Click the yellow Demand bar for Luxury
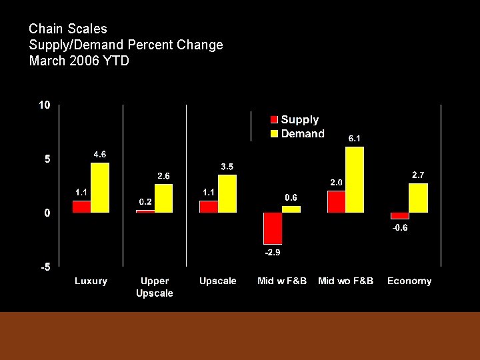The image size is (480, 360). pyautogui.click(x=100, y=187)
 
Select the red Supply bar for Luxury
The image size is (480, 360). pyautogui.click(x=81, y=207)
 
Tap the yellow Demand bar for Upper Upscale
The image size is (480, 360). pyautogui.click(x=164, y=198)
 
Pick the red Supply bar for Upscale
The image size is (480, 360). pyautogui.click(x=209, y=207)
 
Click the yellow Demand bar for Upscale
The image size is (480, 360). pyautogui.click(x=227, y=193)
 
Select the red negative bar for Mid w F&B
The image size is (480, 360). pyautogui.click(x=273, y=228)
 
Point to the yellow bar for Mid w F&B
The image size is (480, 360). pyautogui.click(x=291, y=209)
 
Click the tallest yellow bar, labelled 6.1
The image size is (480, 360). pyautogui.click(x=355, y=179)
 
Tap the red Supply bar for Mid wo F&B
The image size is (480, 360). pyautogui.click(x=337, y=201)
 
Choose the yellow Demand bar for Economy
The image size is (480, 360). pyautogui.click(x=419, y=198)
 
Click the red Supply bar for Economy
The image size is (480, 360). pyautogui.click(x=400, y=216)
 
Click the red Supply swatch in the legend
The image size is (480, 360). pyautogui.click(x=274, y=120)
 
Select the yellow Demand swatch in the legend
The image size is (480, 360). pyautogui.click(x=274, y=134)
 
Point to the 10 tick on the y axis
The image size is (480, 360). pyautogui.click(x=44, y=105)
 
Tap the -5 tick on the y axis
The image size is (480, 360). pyautogui.click(x=44, y=267)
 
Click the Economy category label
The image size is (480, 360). pyautogui.click(x=409, y=281)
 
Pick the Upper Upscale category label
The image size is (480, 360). pyautogui.click(x=155, y=287)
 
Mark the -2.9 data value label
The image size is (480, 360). pyautogui.click(x=273, y=253)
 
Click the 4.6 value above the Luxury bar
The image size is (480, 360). pyautogui.click(x=99, y=154)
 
